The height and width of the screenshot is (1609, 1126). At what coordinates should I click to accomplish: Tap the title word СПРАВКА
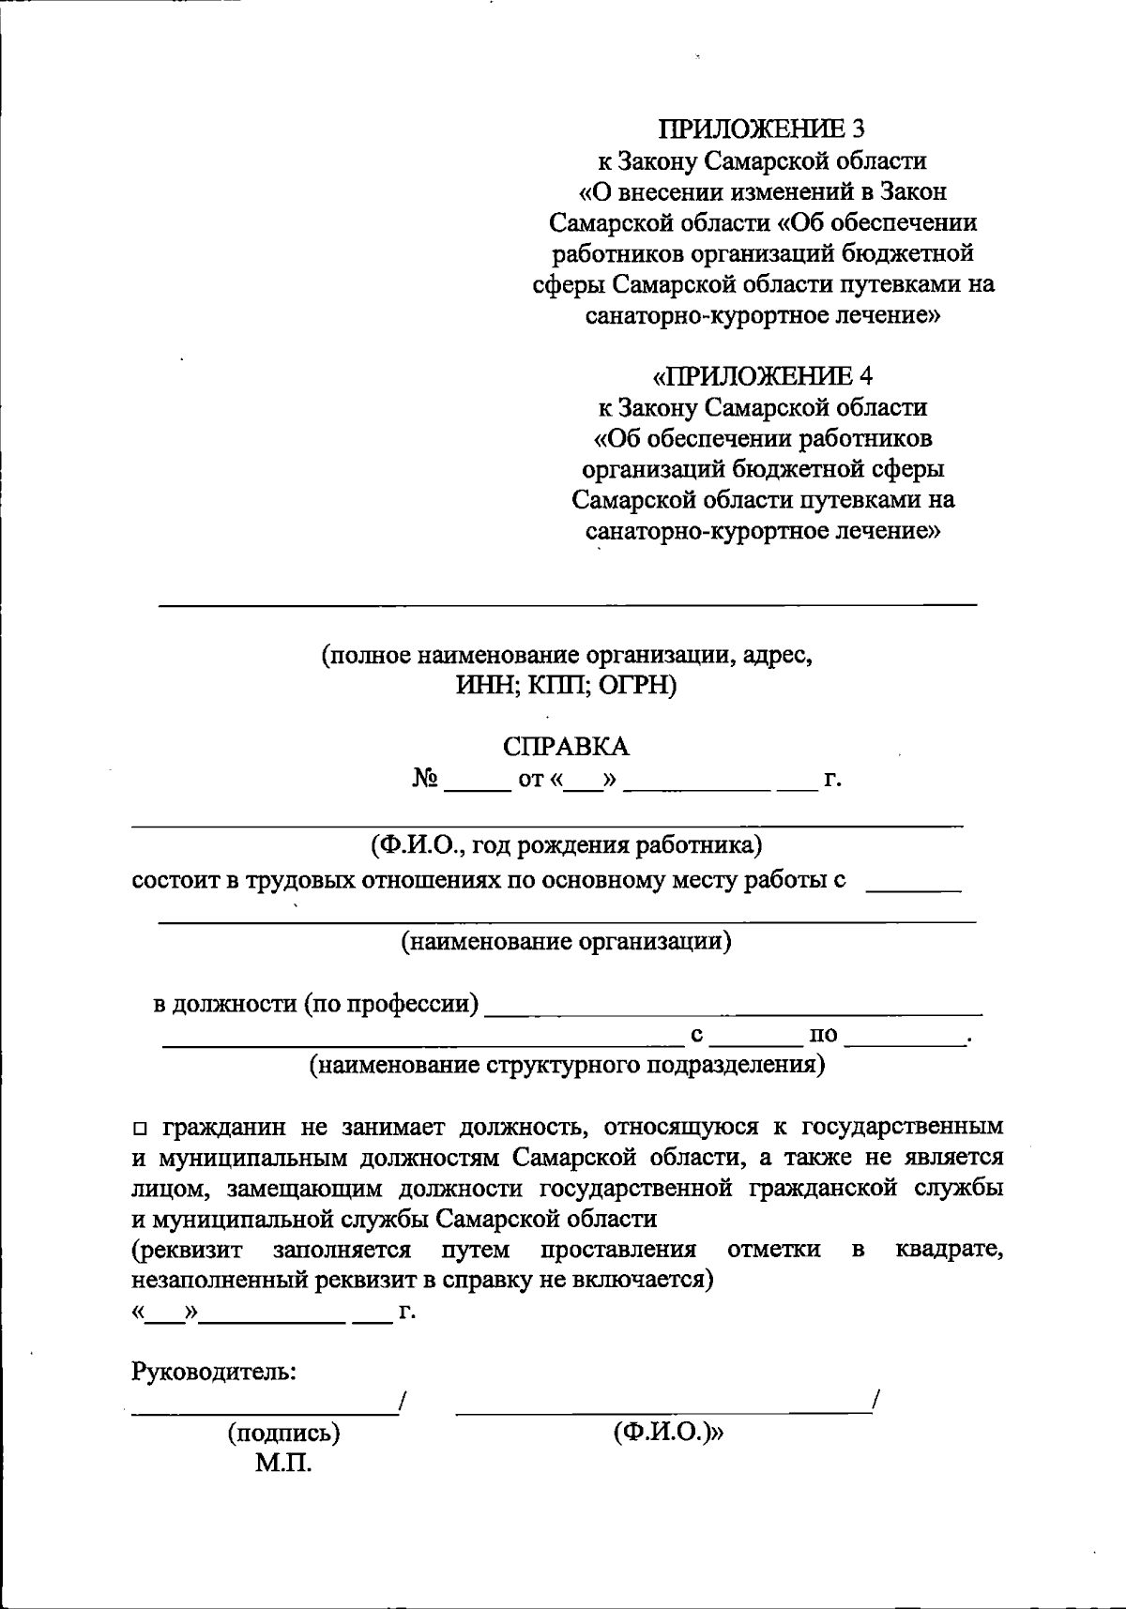[x=566, y=747]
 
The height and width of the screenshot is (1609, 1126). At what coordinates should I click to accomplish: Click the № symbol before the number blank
[x=426, y=779]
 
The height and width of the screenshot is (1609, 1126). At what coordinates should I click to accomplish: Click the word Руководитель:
[x=214, y=1371]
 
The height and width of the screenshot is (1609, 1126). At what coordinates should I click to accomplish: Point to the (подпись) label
[x=283, y=1433]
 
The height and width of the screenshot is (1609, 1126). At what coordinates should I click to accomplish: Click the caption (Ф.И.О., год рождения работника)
[x=566, y=844]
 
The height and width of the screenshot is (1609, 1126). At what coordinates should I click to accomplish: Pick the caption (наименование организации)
[x=566, y=940]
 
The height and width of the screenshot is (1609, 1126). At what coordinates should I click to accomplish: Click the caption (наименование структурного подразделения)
[x=567, y=1065]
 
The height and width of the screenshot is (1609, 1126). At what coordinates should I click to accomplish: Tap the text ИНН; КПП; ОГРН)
[x=566, y=686]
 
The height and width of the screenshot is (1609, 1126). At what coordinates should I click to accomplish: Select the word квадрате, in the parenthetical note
[x=949, y=1250]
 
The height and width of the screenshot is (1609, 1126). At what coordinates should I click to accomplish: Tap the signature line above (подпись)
[x=263, y=1412]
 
